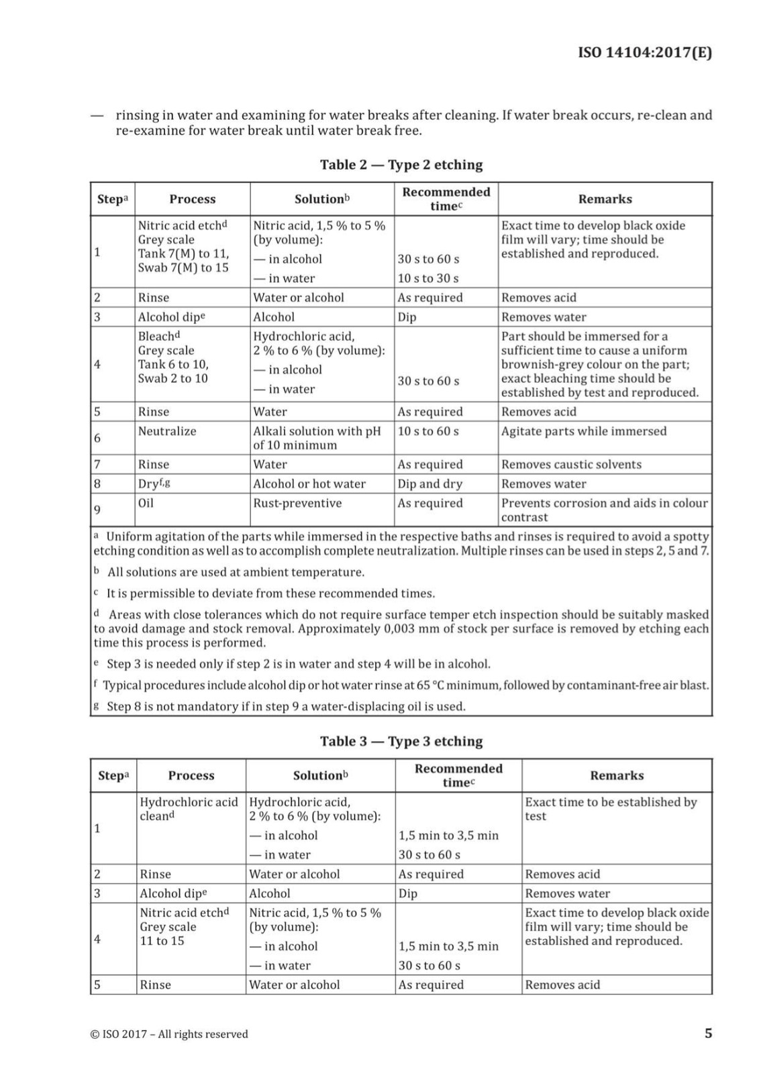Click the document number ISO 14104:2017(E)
pyautogui.click(x=644, y=52)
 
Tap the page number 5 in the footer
pyautogui.click(x=708, y=1033)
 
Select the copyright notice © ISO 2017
pyautogui.click(x=169, y=1034)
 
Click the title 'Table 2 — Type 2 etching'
pyautogui.click(x=401, y=164)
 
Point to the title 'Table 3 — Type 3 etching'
pyautogui.click(x=401, y=741)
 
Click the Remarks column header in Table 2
pyautogui.click(x=605, y=199)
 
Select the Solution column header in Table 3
pyautogui.click(x=320, y=775)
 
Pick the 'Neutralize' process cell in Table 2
pyautogui.click(x=167, y=431)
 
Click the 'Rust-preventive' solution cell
pyautogui.click(x=297, y=503)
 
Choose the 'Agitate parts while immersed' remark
pyautogui.click(x=584, y=431)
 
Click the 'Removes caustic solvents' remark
pyautogui.click(x=571, y=464)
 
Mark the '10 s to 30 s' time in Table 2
pyautogui.click(x=428, y=278)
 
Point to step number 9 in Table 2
pyautogui.click(x=97, y=510)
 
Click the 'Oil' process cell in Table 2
pyautogui.click(x=146, y=503)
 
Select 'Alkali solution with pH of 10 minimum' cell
pyautogui.click(x=317, y=438)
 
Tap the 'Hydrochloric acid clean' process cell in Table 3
pyautogui.click(x=189, y=809)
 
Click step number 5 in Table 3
pyautogui.click(x=97, y=984)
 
